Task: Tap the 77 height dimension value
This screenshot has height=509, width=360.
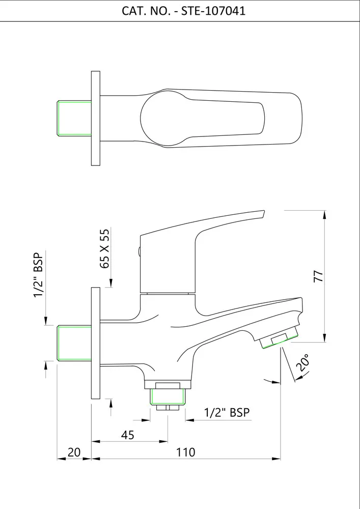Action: (318, 276)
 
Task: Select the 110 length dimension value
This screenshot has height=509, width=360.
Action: (186, 452)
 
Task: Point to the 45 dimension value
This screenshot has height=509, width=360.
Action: (128, 435)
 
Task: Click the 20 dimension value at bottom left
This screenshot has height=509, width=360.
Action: (74, 452)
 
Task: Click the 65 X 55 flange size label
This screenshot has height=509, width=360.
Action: (104, 249)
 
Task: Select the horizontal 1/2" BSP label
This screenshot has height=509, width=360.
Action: (227, 412)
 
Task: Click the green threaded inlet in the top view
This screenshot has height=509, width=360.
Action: (74, 119)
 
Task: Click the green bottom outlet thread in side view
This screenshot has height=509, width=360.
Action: (168, 397)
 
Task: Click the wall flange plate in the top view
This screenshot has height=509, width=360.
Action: (95, 119)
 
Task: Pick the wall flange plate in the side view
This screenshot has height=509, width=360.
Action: (95, 343)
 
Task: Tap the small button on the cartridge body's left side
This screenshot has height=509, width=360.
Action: (139, 250)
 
